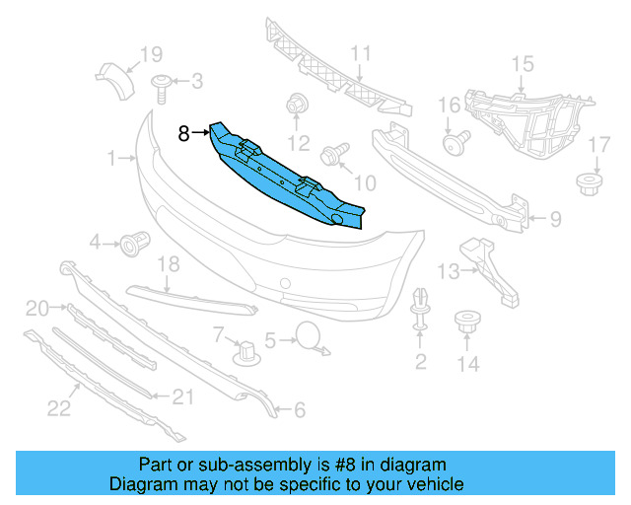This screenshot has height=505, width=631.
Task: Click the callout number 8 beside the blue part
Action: pos(184,133)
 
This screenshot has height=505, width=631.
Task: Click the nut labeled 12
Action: pos(295,105)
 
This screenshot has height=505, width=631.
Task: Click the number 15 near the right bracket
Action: pos(522,64)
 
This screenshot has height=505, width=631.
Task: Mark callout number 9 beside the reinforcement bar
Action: pos(555,219)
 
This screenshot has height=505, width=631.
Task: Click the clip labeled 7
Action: pos(243,350)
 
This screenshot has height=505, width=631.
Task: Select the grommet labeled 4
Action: pos(133,242)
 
